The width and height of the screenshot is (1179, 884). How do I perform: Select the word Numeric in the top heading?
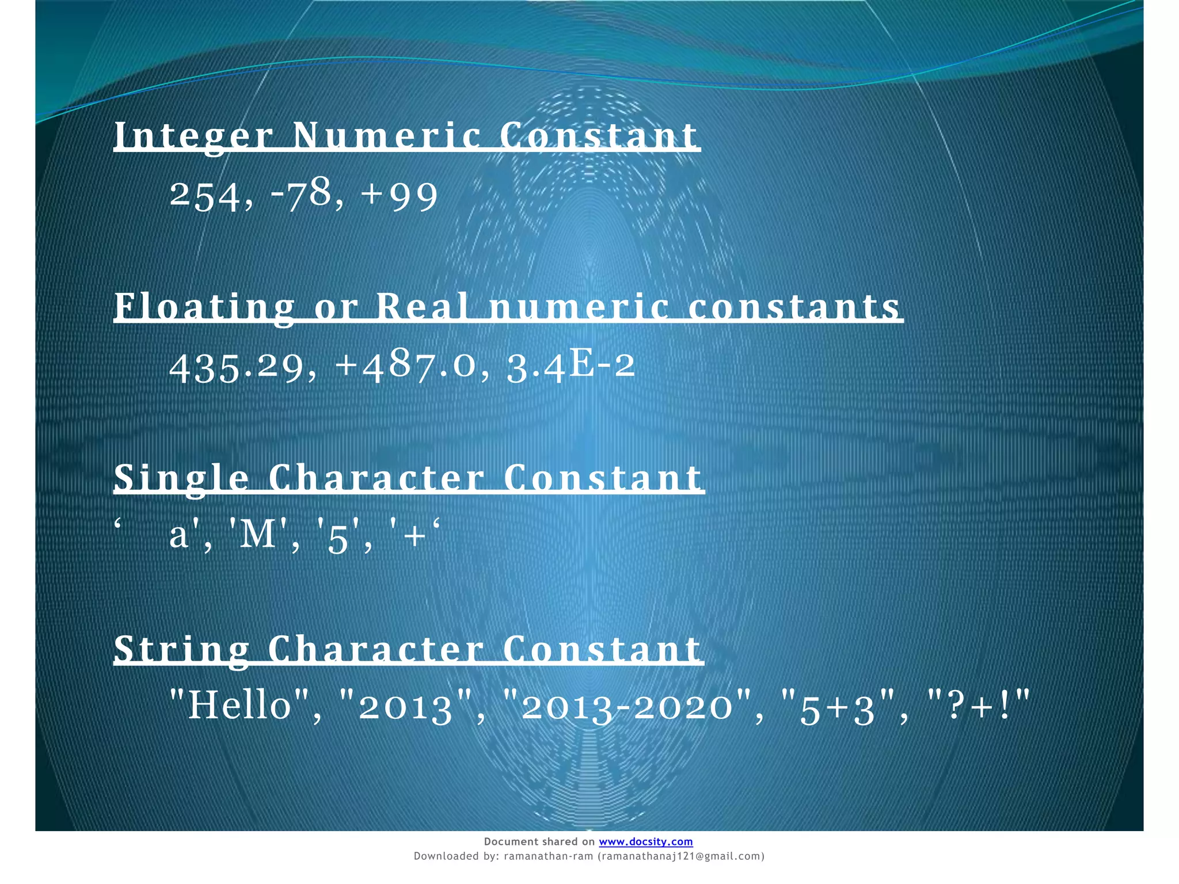coord(387,136)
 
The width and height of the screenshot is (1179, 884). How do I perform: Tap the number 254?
coord(205,196)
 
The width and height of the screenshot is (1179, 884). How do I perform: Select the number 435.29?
coord(237,367)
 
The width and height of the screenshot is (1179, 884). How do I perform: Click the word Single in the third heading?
coord(181,478)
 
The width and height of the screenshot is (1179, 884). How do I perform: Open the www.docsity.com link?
coord(645,841)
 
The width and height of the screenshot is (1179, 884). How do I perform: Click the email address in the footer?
coord(681,856)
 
